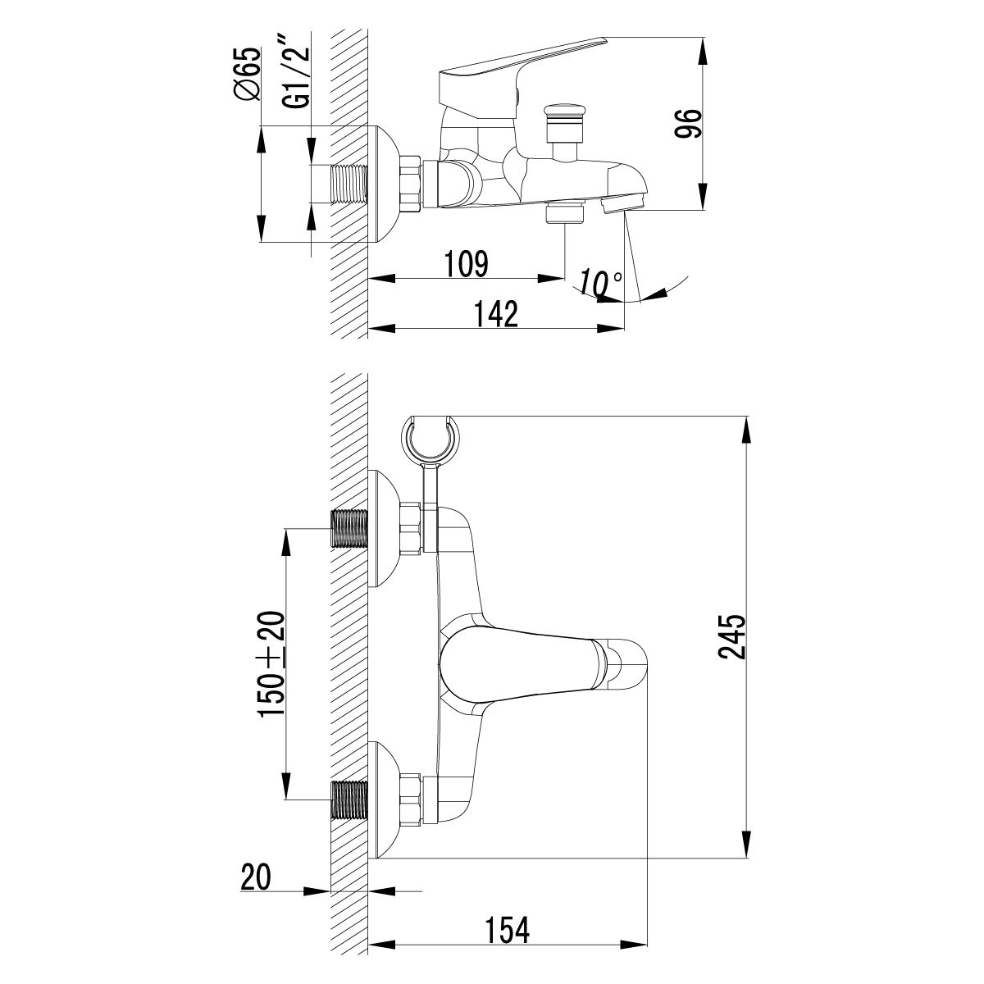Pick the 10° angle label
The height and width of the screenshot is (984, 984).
[599, 284]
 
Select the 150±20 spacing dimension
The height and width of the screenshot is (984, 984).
[272, 664]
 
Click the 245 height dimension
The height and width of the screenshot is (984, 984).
[731, 637]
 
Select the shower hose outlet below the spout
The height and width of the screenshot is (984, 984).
[565, 214]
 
